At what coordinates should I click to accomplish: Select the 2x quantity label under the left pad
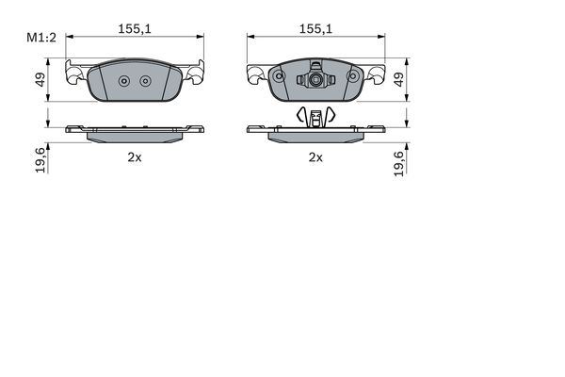(135, 157)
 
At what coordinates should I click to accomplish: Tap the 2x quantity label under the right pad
(316, 157)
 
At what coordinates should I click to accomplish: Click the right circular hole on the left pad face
(144, 80)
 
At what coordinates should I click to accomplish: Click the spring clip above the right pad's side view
(316, 116)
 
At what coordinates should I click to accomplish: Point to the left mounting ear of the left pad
(73, 72)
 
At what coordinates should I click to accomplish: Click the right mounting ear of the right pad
(377, 73)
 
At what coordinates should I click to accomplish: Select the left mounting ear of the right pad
(255, 73)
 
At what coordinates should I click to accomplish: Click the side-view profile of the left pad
(135, 133)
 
